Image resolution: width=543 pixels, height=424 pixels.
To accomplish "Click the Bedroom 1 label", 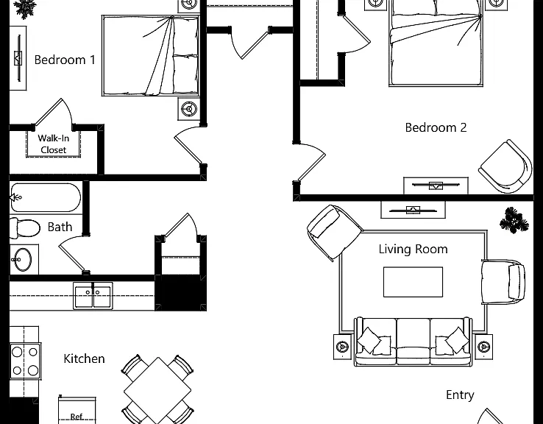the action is point(65,60).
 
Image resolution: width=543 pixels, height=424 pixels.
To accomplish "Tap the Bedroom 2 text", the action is point(436,127).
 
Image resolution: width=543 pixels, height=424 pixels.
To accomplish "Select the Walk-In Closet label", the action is point(53,144).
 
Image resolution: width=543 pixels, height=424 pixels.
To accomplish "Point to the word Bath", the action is point(60,227).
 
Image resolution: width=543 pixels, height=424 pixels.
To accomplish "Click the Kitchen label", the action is point(84,358).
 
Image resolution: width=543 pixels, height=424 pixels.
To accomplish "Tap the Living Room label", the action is point(413,250).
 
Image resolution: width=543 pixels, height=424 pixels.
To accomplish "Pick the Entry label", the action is point(460,395).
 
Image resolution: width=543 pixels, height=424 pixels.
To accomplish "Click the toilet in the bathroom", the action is point(24,228).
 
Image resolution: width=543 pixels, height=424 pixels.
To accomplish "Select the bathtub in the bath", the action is point(46,197).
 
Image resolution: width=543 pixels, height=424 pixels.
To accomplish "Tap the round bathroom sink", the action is point(23,259).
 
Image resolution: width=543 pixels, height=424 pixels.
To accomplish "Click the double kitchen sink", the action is point(93,295).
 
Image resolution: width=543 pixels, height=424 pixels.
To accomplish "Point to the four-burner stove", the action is point(25,361).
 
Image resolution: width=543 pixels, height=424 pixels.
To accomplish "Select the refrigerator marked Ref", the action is point(77,411).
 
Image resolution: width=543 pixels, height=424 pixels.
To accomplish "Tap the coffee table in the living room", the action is point(413,282).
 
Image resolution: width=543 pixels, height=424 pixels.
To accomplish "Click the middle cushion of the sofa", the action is point(413,342).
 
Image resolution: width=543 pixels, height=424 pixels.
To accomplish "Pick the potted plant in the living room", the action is point(514,220).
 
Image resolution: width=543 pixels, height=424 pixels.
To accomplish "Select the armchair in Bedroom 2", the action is point(505,166).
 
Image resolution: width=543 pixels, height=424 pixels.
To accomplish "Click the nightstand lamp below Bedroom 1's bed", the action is point(189,109).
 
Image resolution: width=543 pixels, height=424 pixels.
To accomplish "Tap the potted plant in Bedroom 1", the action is point(25,8).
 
